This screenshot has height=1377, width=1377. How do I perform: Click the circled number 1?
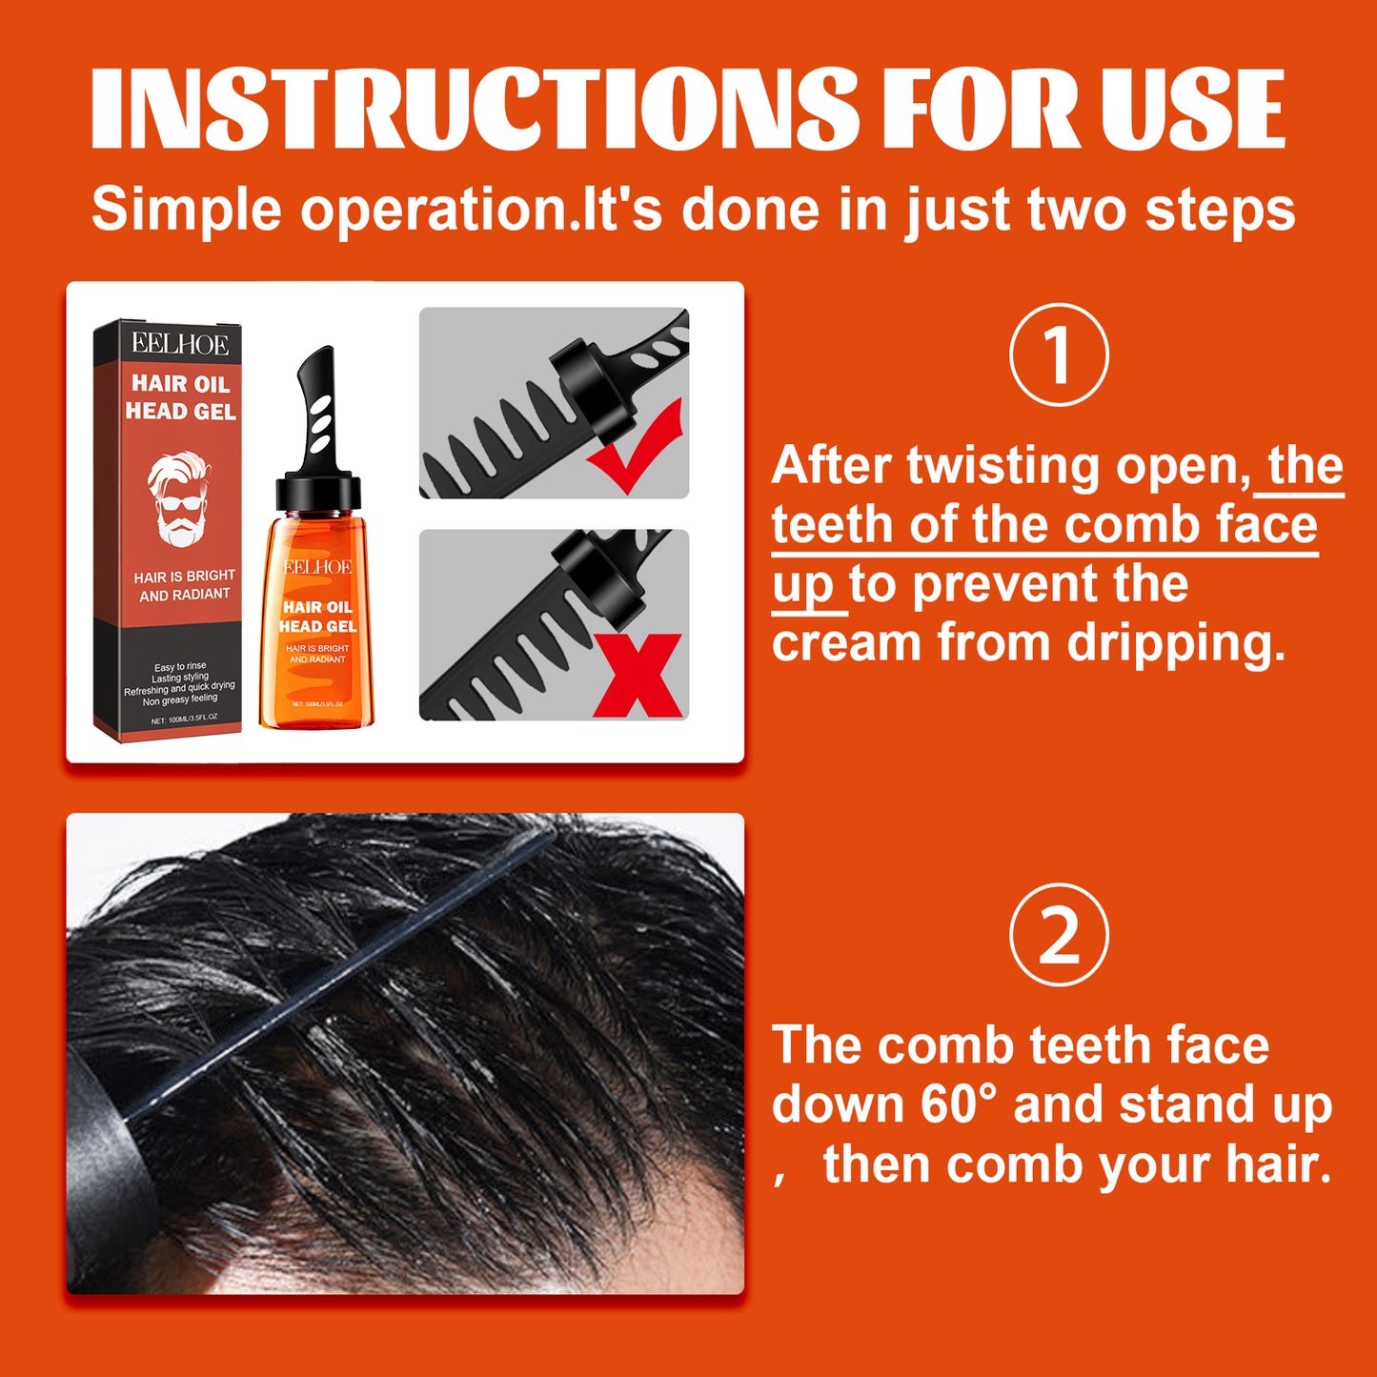[x=1059, y=355]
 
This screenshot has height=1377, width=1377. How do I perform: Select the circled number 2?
[x=1059, y=935]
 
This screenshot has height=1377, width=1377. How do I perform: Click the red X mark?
[x=638, y=675]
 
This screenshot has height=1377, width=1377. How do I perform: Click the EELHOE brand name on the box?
[x=180, y=344]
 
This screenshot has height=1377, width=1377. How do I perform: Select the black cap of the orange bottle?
[x=318, y=493]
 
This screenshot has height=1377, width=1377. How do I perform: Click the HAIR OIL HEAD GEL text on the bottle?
[x=317, y=617]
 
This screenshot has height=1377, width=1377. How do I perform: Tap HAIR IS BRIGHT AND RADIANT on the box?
[x=184, y=585]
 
